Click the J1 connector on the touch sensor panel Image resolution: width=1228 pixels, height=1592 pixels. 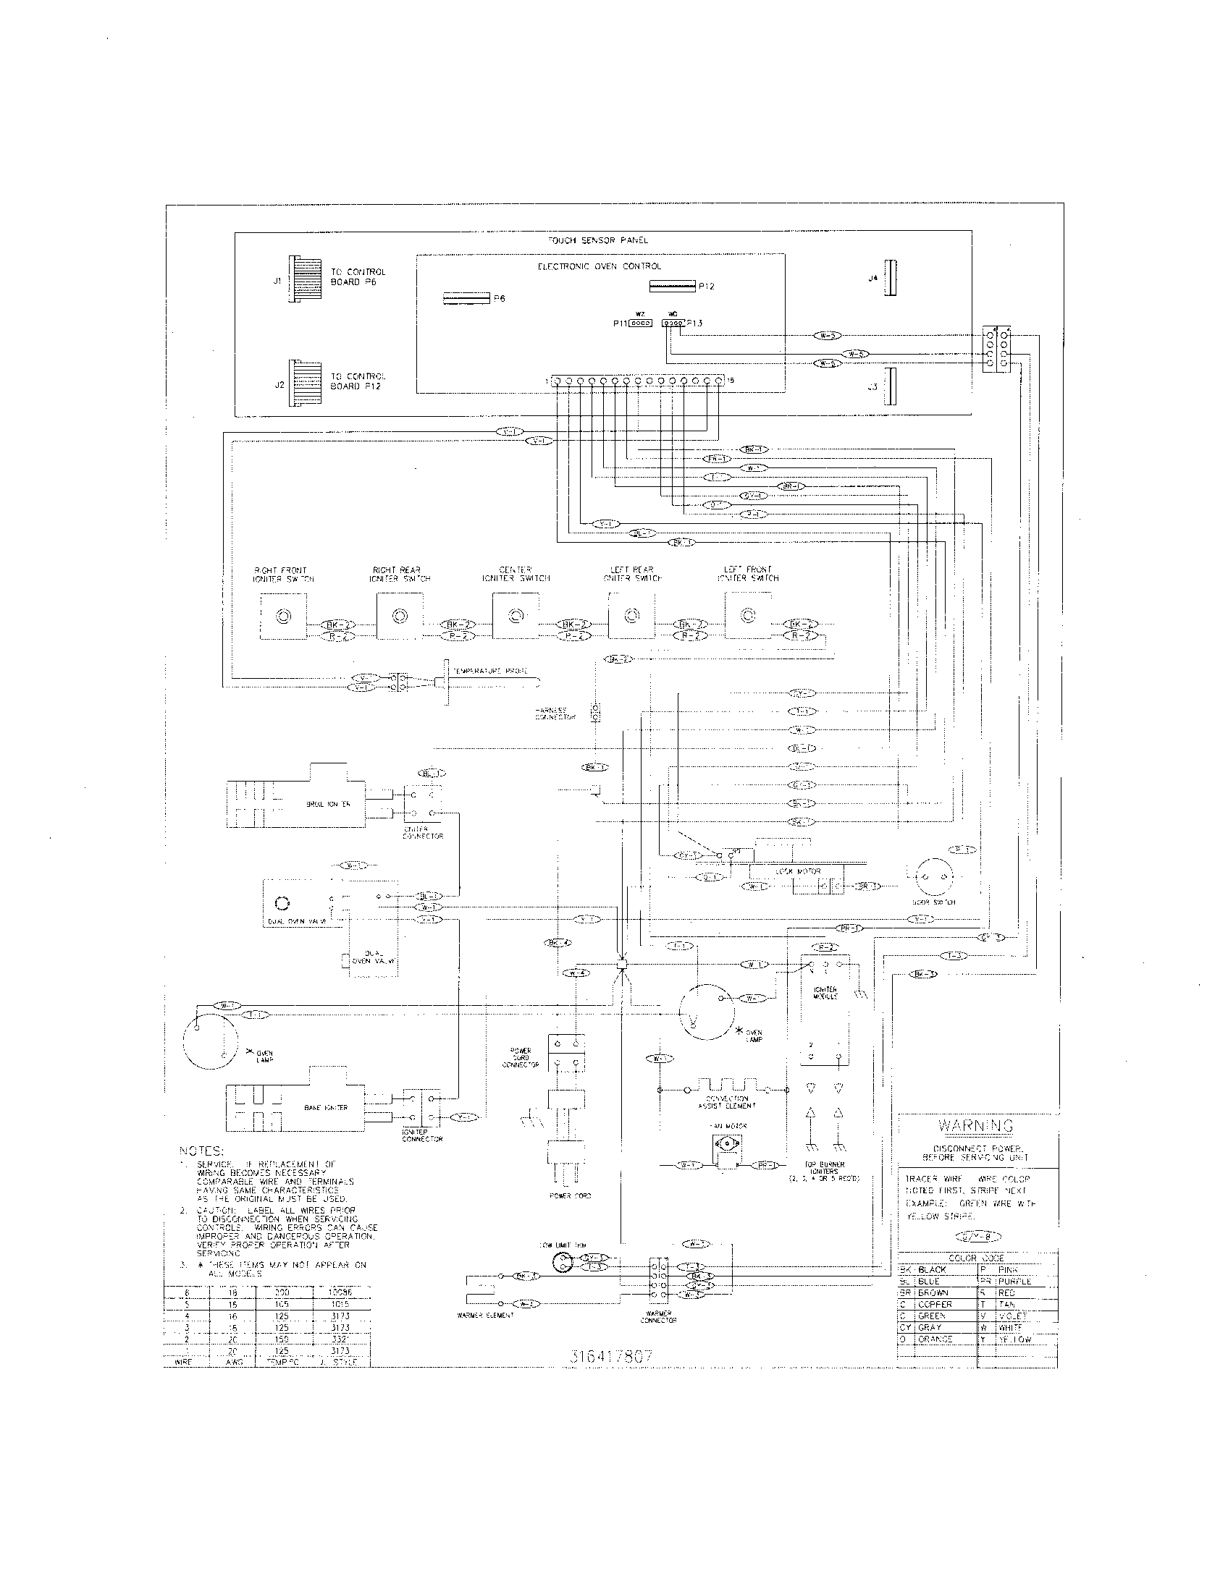pyautogui.click(x=303, y=279)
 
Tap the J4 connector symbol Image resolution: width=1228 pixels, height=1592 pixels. pyautogui.click(x=890, y=278)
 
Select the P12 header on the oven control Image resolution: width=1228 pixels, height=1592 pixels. pyautogui.click(x=672, y=286)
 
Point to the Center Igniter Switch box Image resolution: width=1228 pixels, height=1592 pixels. pyautogui.click(x=516, y=616)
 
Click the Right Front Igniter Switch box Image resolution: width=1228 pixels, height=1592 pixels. pyautogui.click(x=283, y=617)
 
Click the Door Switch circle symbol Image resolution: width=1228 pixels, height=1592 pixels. pyautogui.click(x=933, y=874)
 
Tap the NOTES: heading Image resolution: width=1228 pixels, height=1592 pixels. pyautogui.click(x=201, y=1151)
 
